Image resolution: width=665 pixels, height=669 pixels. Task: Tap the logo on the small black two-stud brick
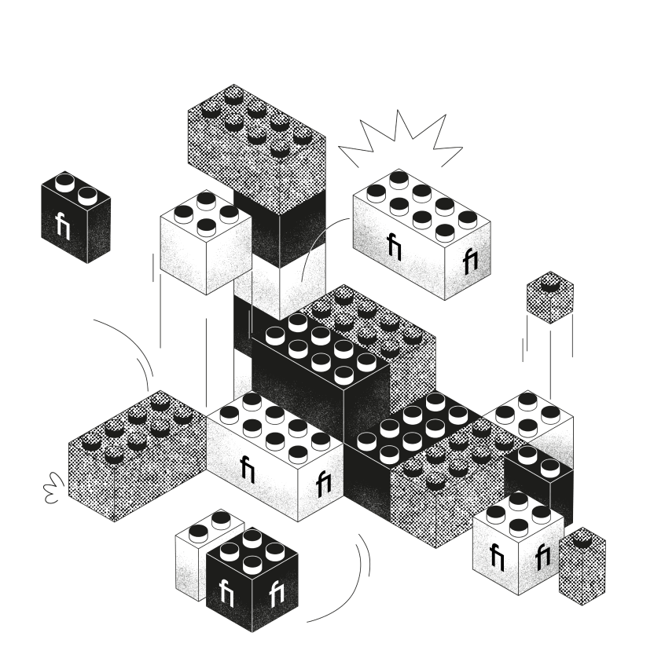[x=64, y=225]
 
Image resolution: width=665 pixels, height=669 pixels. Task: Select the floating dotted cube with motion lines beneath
[x=549, y=298]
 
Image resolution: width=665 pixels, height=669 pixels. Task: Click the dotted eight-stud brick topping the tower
[x=256, y=145]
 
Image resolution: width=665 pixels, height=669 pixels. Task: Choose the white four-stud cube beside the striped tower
[x=206, y=243]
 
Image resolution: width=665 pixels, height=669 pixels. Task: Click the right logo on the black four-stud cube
[x=276, y=594]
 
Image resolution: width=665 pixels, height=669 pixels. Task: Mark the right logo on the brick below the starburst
[x=470, y=261]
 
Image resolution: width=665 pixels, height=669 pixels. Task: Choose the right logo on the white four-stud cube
[x=542, y=557]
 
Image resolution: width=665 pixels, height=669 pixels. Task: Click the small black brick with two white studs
[x=75, y=216]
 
